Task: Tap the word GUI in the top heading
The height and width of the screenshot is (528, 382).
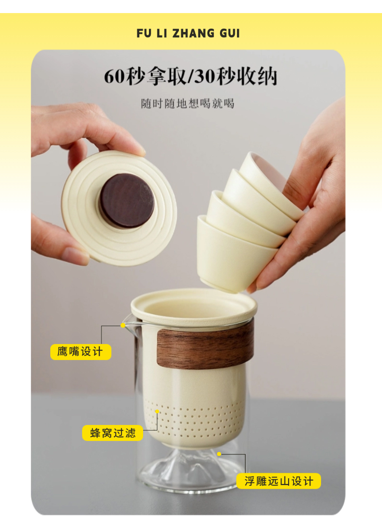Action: tap(230, 33)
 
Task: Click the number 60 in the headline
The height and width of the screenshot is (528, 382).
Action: tap(115, 76)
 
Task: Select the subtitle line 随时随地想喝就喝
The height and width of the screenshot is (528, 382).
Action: tap(188, 104)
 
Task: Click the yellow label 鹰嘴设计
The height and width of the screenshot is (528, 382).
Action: tap(80, 352)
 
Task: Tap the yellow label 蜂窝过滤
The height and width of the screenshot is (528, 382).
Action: tap(112, 433)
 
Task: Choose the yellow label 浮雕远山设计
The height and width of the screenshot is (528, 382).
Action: tap(279, 481)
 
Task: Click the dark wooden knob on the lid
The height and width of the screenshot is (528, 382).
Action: tap(127, 201)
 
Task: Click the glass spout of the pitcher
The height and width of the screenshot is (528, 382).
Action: tap(130, 322)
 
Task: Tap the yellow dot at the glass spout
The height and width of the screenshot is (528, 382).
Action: tap(123, 325)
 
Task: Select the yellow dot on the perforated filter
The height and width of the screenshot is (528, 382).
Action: tap(157, 411)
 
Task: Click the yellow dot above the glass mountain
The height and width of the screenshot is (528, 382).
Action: tap(219, 454)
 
